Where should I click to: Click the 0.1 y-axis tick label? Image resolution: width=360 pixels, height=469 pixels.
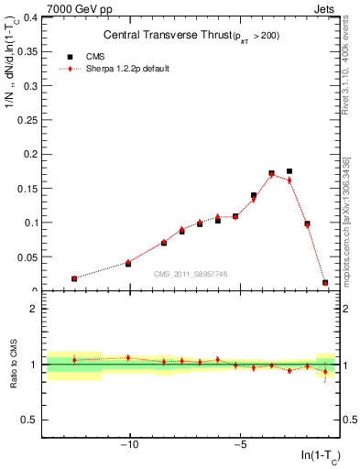point(30,223)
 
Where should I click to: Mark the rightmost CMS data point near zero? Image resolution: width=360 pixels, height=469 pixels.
point(325,283)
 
